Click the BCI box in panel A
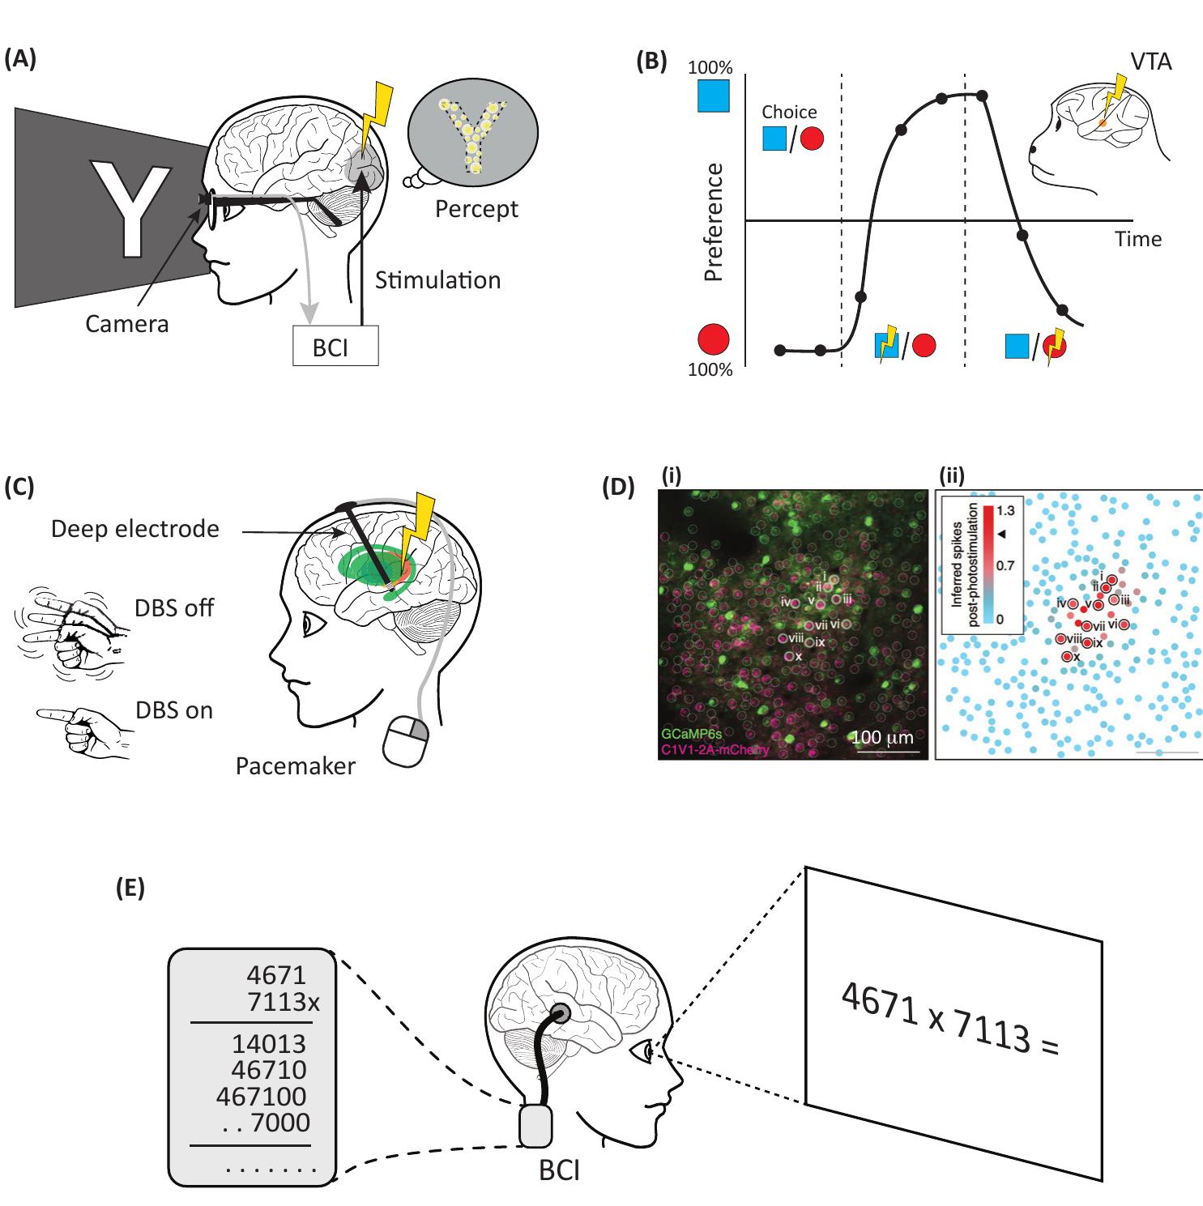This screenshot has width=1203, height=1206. click(335, 346)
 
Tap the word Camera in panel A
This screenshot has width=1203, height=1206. click(127, 324)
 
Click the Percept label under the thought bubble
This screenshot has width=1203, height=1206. click(476, 209)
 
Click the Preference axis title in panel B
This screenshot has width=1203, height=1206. click(714, 221)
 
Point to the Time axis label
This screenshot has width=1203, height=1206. click(1137, 239)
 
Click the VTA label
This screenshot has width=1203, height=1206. click(1151, 62)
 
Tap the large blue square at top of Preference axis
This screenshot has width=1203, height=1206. click(714, 96)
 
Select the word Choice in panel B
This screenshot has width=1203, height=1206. click(789, 112)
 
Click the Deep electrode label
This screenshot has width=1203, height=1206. click(134, 529)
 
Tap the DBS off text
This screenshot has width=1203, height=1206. click(174, 607)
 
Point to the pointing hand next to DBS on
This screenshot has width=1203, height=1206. click(81, 729)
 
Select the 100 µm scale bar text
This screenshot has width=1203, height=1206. click(881, 738)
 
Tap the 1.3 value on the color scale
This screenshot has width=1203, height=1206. click(1005, 512)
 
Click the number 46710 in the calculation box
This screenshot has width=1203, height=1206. click(269, 1070)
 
